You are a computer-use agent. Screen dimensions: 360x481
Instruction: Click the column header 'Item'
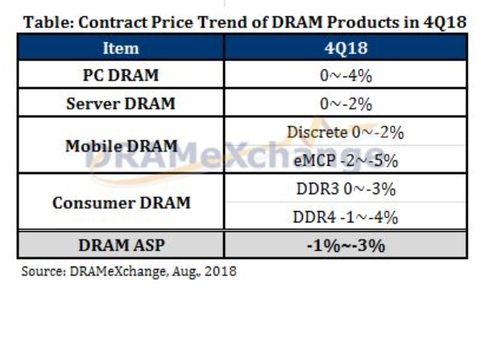click(x=120, y=48)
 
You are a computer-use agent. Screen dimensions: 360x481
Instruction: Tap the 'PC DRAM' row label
click(x=120, y=76)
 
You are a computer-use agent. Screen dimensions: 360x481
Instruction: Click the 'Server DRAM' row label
click(x=120, y=104)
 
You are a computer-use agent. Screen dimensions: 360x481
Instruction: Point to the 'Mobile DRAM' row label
click(x=121, y=146)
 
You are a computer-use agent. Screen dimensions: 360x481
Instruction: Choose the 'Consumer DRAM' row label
click(x=121, y=202)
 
